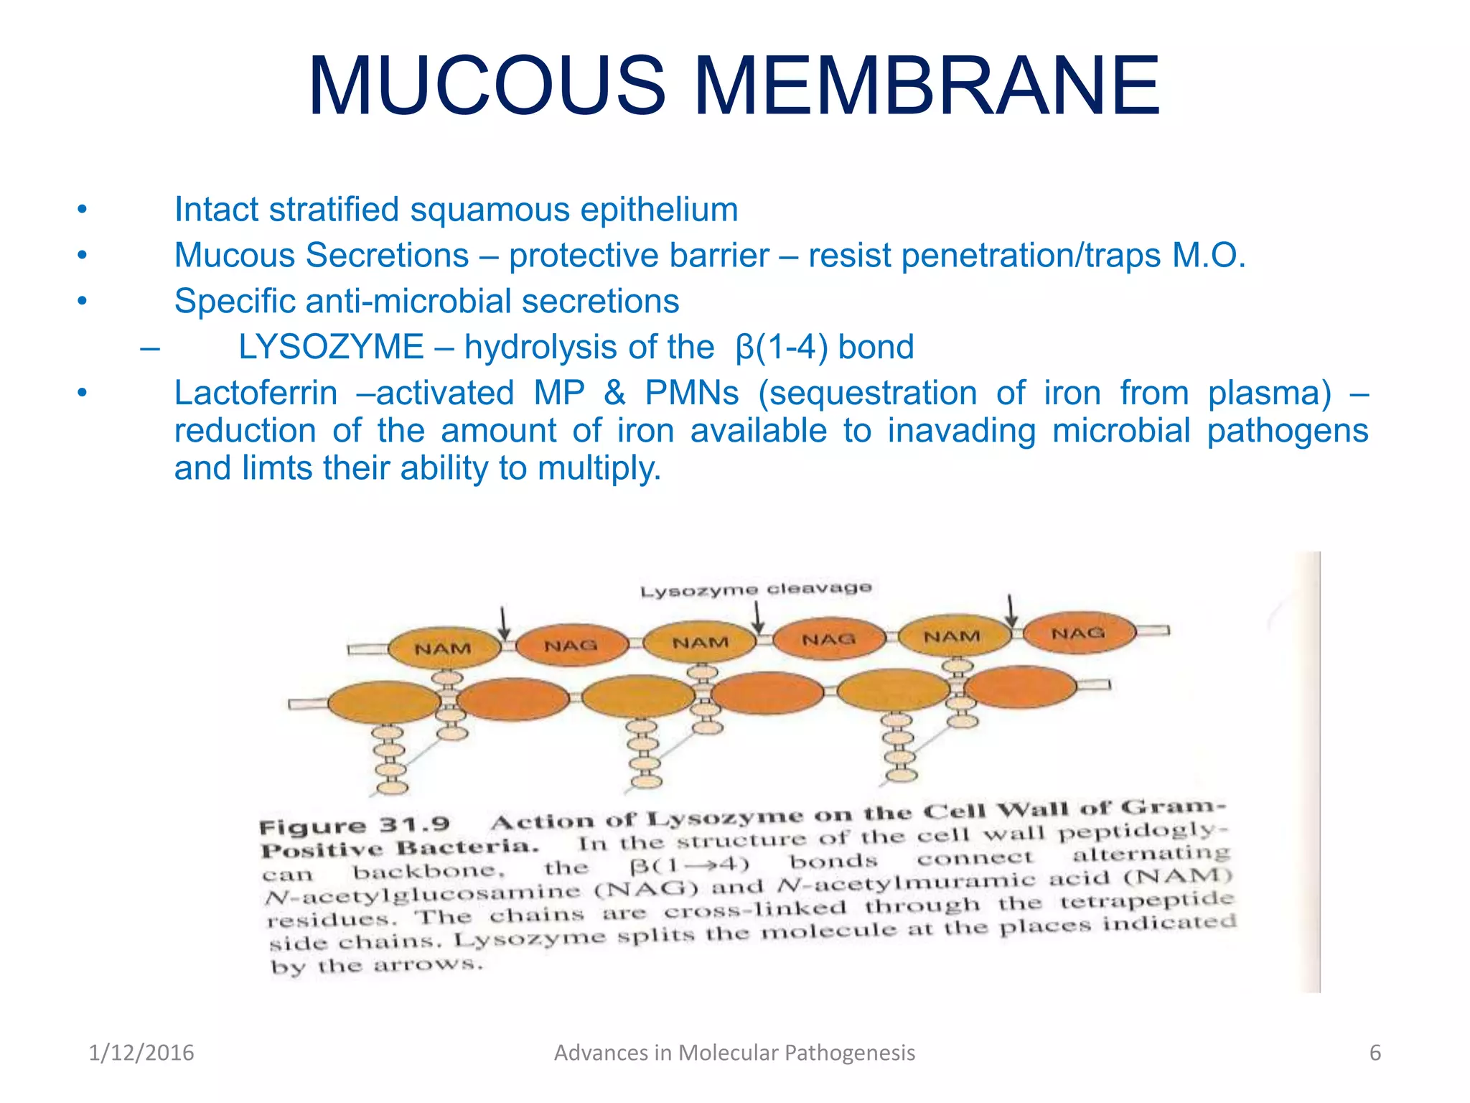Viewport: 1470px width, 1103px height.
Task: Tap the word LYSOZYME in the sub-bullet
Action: point(331,347)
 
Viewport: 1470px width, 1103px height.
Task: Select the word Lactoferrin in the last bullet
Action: point(256,393)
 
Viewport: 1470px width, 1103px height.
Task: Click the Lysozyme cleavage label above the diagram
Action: point(756,590)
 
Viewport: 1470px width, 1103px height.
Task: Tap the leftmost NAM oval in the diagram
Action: point(444,648)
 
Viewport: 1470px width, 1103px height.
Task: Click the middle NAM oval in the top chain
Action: point(700,643)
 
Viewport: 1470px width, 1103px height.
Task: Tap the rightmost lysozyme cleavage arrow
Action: point(1011,611)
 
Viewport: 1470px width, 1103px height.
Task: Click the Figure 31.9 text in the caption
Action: point(355,826)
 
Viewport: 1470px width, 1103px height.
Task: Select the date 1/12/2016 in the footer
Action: point(141,1053)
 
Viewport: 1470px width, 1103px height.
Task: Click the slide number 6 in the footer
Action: point(1375,1053)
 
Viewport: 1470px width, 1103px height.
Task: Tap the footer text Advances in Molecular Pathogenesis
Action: point(734,1053)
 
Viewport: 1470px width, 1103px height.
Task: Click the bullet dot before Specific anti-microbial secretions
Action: point(83,301)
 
